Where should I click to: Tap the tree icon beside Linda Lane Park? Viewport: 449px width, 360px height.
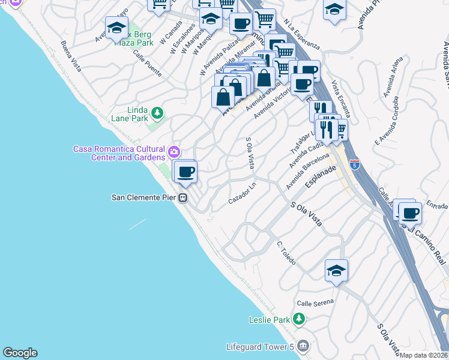(157, 113)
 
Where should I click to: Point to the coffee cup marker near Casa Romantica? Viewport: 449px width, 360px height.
(185, 172)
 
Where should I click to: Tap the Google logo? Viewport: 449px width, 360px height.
(20, 353)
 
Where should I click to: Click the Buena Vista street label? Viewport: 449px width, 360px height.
(71, 56)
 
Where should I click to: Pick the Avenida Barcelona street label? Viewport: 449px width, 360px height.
(307, 171)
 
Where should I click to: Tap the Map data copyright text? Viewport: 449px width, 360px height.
(424, 355)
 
